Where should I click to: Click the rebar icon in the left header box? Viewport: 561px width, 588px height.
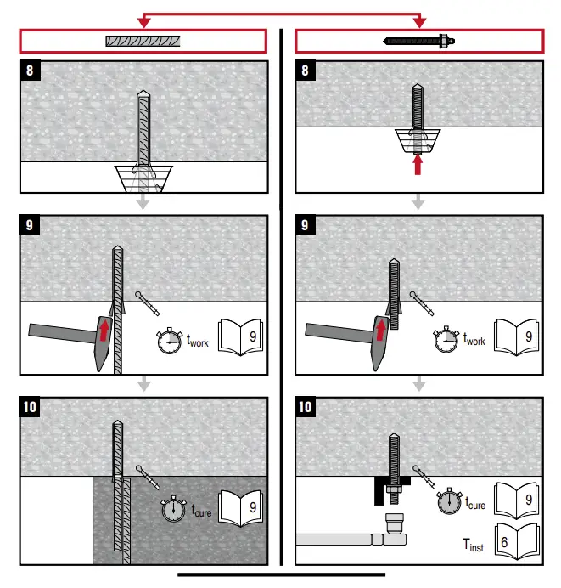coord(143,40)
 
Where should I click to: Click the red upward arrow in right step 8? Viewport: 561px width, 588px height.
coord(417,164)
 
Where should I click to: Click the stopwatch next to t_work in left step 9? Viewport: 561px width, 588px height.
coord(169,340)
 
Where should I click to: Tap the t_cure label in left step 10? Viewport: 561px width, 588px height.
coord(200,512)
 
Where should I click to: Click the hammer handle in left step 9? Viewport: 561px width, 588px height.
coord(55,332)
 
